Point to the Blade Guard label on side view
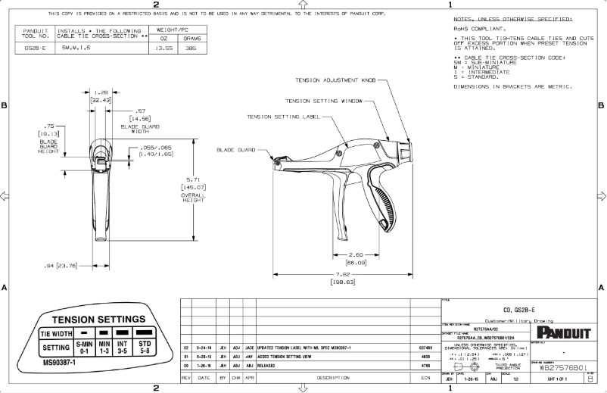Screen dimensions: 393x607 pyautogui.click(x=235, y=149)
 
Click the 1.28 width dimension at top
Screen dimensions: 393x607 pyautogui.click(x=101, y=92)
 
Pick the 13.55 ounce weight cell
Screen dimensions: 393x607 pyautogui.click(x=163, y=48)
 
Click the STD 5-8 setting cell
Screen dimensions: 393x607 pyautogui.click(x=142, y=347)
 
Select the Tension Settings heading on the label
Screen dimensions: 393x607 pyautogui.click(x=98, y=319)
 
